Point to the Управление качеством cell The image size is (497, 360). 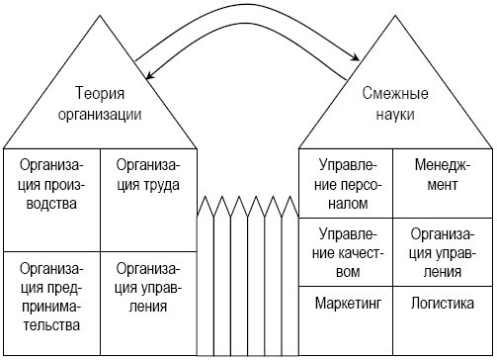(345, 250)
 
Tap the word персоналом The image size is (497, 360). (345, 205)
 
